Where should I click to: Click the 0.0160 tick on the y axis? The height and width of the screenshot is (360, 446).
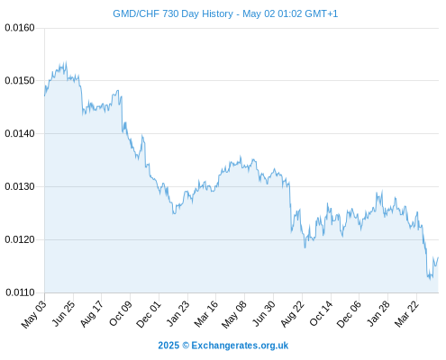click(20, 28)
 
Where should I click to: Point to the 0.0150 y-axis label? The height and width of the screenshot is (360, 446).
click(20, 81)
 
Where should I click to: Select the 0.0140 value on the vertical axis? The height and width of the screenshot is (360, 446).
click(20, 133)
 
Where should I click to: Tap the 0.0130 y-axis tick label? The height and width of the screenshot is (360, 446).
click(20, 186)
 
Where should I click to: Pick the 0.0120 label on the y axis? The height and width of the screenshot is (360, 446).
click(20, 239)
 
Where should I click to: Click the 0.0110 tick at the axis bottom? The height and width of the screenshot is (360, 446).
click(20, 292)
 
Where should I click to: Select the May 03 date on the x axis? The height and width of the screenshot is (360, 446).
click(34, 314)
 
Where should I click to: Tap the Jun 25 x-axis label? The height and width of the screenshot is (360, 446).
click(63, 313)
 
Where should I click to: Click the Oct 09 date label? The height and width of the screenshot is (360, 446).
click(121, 313)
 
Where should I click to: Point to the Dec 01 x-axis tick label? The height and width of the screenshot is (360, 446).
click(149, 314)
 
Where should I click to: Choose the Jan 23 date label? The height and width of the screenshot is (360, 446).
click(177, 313)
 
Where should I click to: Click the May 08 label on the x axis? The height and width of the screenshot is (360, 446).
click(234, 314)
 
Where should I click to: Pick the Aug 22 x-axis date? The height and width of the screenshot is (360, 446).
click(292, 314)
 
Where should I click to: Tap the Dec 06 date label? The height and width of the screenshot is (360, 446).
click(349, 314)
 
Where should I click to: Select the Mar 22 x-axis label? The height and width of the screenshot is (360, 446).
click(406, 314)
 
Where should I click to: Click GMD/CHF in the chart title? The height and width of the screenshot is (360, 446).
click(136, 13)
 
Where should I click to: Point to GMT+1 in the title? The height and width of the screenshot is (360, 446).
click(322, 13)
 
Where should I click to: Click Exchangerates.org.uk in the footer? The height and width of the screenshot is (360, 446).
click(240, 346)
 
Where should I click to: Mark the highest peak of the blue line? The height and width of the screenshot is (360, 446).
click(66, 62)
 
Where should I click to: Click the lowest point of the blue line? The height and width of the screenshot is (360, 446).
click(431, 280)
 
